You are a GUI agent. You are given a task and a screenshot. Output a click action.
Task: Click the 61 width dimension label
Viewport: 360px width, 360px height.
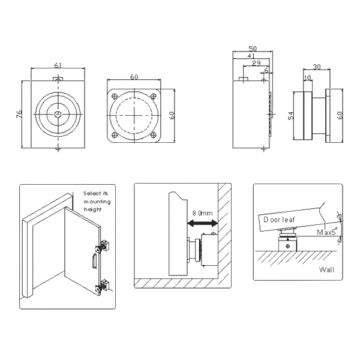tap(58, 65)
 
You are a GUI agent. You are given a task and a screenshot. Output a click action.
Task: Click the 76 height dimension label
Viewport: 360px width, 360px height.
tap(19, 114)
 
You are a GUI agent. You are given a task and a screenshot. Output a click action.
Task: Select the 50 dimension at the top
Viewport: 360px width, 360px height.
tap(253, 49)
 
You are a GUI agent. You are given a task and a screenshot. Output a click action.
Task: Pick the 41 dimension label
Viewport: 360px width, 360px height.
tap(251, 56)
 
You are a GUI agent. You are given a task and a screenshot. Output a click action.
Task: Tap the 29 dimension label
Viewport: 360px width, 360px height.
tap(256, 63)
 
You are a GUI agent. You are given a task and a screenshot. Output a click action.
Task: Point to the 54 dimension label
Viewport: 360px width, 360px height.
tap(290, 116)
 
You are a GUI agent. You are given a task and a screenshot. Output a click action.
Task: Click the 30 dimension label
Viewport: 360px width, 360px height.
tap(317, 67)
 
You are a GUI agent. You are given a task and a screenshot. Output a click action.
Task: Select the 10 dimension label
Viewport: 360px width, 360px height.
tap(308, 77)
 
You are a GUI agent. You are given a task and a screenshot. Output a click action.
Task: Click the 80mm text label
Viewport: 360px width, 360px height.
tap(203, 213)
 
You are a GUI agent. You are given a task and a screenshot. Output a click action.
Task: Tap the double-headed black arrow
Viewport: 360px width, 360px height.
tap(202, 223)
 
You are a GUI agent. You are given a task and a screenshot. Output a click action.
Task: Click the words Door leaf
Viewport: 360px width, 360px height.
tap(279, 220)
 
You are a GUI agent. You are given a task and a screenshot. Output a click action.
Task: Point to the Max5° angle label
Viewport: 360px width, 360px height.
tap(328, 232)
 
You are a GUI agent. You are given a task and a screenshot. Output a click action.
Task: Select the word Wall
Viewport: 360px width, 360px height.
tap(326, 269)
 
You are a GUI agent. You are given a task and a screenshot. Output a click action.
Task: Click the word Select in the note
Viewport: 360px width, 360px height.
tap(90, 193)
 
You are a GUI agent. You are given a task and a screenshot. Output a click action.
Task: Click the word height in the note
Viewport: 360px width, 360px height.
tap(92, 209)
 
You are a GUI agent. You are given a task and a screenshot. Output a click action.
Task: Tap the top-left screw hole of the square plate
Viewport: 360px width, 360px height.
tap(114, 96)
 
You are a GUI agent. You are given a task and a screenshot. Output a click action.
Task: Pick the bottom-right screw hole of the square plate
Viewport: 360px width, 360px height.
tap(153, 135)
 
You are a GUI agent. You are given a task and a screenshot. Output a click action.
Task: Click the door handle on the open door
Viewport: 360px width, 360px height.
tap(94, 261)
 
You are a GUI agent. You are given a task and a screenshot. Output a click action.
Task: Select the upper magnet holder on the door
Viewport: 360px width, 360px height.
tap(103, 247)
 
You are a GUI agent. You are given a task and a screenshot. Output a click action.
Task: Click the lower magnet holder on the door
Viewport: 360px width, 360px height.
tap(103, 286)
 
